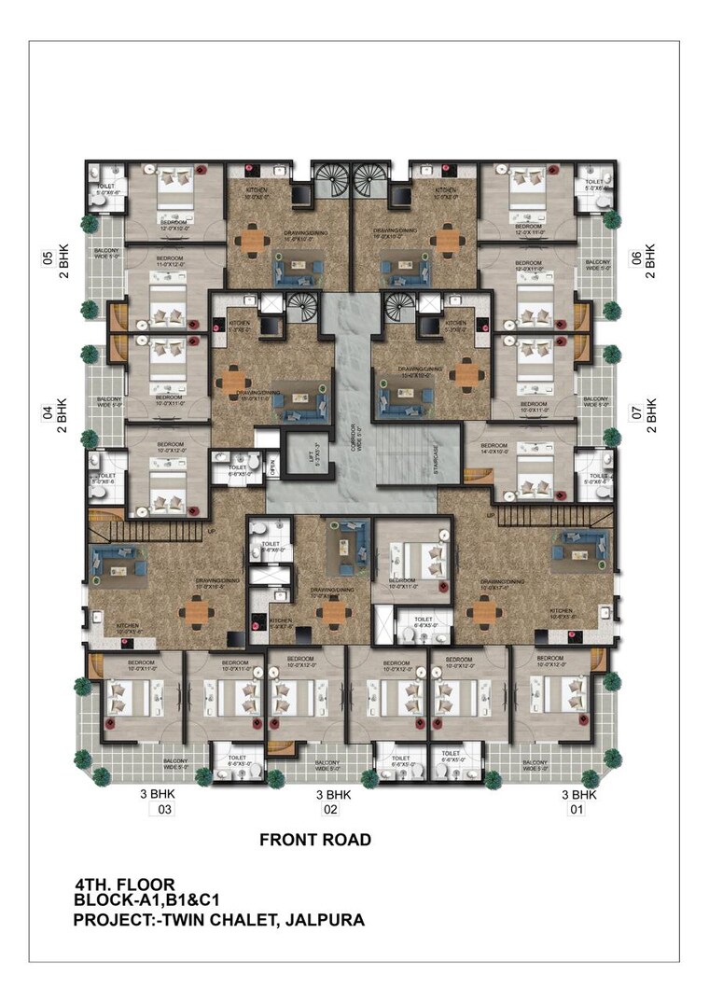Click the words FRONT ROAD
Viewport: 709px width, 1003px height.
pyautogui.click(x=314, y=840)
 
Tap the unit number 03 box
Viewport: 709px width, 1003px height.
pyautogui.click(x=163, y=810)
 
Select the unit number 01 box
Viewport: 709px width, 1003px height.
pyautogui.click(x=577, y=810)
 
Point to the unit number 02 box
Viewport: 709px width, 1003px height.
pyautogui.click(x=330, y=810)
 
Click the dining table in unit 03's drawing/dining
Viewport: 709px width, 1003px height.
pyautogui.click(x=196, y=611)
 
